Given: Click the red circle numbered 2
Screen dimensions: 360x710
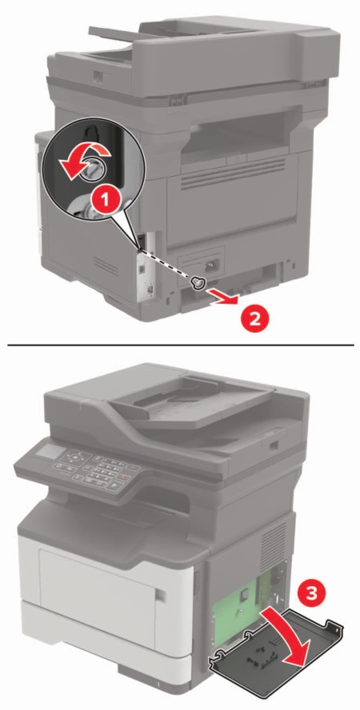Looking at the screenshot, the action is click(x=254, y=318).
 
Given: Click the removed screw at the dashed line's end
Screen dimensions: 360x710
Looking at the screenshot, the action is click(x=198, y=283).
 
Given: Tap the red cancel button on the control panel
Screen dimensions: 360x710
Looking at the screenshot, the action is click(x=122, y=477).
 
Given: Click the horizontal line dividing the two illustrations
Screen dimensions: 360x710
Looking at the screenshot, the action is click(x=180, y=345).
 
